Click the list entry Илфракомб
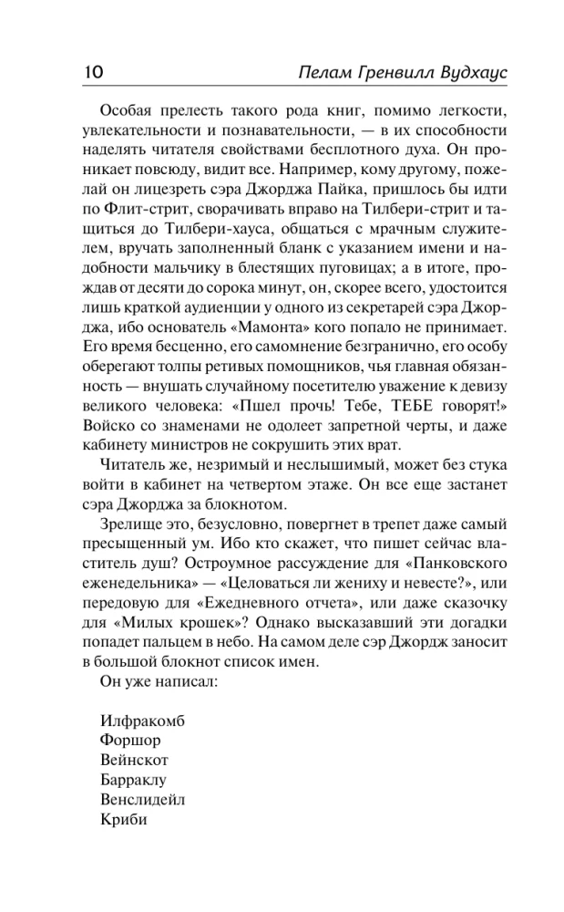[144, 720]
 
